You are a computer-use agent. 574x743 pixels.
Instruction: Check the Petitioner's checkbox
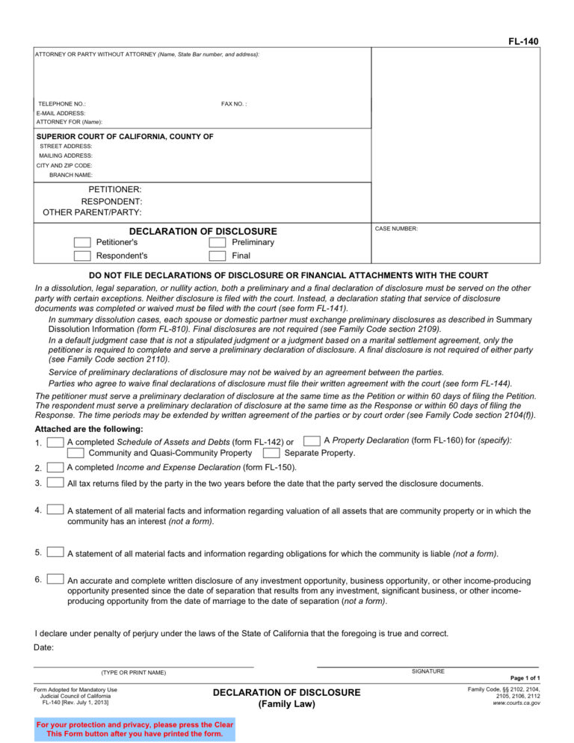(82, 243)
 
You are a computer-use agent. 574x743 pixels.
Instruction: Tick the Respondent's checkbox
(82, 256)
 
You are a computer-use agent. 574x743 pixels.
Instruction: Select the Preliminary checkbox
(217, 243)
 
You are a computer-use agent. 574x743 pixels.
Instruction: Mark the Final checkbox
(217, 256)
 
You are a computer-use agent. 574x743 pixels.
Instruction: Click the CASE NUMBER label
(396, 229)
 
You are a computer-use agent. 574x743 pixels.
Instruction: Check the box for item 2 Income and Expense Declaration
(55, 467)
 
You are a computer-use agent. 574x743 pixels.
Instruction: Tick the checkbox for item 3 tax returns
(55, 483)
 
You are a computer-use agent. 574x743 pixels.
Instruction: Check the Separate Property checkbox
(272, 453)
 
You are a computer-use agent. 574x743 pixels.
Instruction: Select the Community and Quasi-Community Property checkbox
(75, 453)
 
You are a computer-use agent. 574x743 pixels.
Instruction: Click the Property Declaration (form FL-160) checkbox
(313, 441)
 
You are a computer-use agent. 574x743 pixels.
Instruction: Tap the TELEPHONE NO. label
(62, 104)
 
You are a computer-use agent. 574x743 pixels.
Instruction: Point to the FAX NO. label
(234, 104)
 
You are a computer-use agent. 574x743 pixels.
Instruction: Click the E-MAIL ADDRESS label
(61, 113)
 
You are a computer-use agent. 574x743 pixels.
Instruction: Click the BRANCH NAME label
(71, 175)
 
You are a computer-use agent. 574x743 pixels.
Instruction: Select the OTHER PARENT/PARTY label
(92, 212)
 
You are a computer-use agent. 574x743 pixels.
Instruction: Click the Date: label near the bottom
(44, 647)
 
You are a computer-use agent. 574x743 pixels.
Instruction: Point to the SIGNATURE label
(428, 671)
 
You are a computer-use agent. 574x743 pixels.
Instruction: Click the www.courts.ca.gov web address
(516, 703)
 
